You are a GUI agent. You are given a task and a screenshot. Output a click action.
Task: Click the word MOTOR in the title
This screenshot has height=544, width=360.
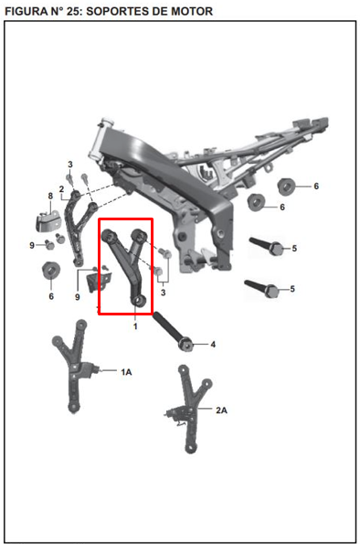click(x=188, y=12)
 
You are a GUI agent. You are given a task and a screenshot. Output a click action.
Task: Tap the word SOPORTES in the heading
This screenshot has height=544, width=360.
click(x=126, y=12)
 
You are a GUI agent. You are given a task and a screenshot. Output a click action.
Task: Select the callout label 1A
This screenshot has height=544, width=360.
click(x=126, y=372)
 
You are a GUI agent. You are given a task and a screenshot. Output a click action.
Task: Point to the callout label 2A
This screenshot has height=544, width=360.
click(x=221, y=411)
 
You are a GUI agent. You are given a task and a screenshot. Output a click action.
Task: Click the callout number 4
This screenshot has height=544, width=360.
click(x=213, y=345)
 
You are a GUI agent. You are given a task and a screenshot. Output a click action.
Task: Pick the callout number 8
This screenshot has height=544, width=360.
click(x=50, y=197)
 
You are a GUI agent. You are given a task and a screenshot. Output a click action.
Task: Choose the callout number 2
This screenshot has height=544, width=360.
click(x=61, y=190)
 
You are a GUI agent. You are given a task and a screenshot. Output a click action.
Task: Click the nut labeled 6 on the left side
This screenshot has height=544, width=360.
click(x=49, y=272)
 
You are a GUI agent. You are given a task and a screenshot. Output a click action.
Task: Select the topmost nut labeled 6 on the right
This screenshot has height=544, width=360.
click(x=285, y=187)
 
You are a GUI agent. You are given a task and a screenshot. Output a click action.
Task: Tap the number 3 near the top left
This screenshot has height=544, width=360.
click(x=69, y=165)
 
